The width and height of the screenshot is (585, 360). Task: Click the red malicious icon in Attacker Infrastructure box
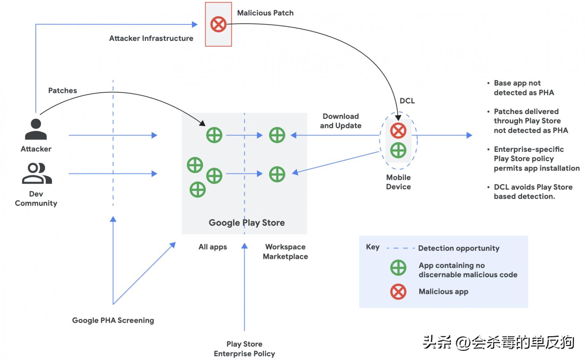218,24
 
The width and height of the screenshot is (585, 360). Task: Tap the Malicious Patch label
265,13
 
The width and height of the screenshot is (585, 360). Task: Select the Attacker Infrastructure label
151,38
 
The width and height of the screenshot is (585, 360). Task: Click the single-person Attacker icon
36,129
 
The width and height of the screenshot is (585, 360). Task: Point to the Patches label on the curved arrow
63,91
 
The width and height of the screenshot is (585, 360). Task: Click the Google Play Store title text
246,223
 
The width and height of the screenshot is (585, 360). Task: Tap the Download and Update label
340,121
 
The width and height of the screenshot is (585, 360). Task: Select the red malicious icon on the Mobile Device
398,130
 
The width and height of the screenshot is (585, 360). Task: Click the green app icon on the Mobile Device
398,150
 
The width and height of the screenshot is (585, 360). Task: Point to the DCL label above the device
407,101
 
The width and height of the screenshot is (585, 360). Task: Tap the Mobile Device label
398,182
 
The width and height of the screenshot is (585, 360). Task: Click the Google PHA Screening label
113,321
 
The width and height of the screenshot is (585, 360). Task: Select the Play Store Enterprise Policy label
244,349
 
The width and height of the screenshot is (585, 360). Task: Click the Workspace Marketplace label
285,251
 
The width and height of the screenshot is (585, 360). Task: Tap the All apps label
212,247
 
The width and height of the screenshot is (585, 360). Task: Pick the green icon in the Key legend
398,268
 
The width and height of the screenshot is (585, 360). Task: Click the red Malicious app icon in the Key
398,292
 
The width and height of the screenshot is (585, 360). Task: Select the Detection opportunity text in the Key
458,248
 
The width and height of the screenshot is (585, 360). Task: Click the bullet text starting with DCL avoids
533,192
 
